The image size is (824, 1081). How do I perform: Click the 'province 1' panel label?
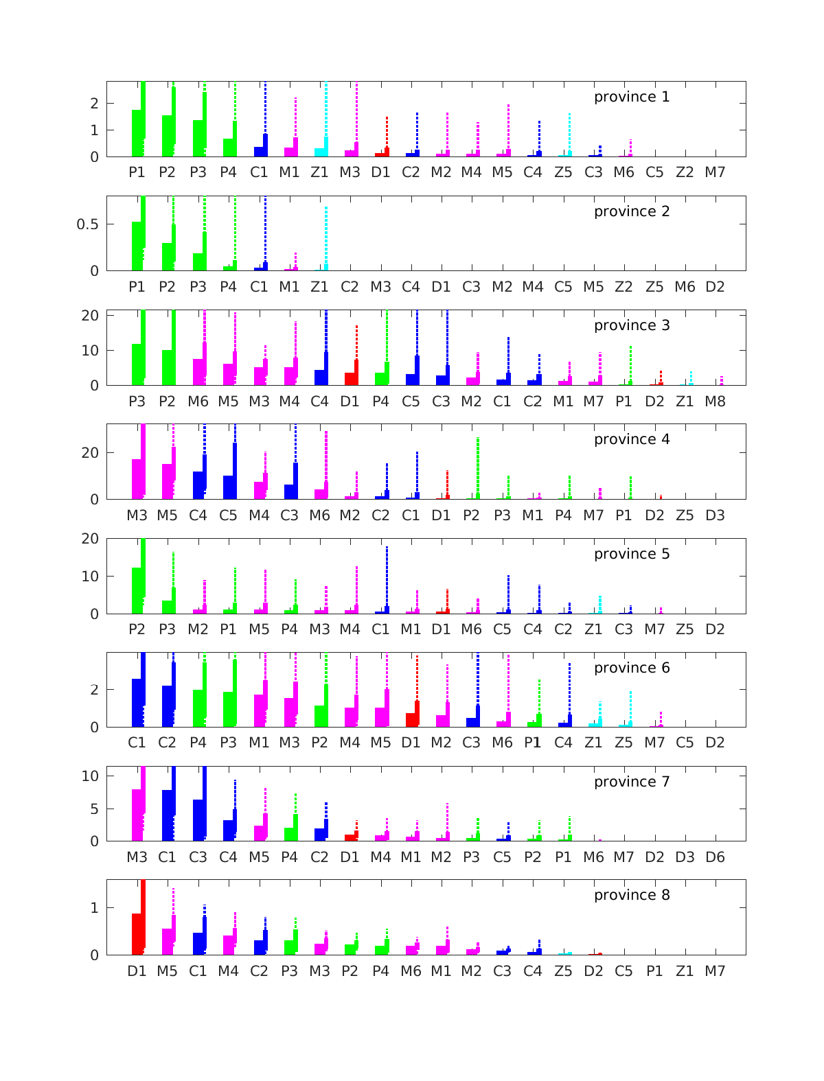pos(631,97)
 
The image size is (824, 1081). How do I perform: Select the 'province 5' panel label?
pos(631,554)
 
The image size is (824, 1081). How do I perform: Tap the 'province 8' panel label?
pos(631,895)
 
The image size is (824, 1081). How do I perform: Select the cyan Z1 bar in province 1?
pos(320,152)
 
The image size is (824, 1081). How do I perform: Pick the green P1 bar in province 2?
pos(137,246)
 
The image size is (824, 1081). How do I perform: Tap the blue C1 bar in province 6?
pos(137,702)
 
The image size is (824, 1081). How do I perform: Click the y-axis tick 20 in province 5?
pos(90,539)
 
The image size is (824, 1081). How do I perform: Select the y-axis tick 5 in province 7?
pos(94,809)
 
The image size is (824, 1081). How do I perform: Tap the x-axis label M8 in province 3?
pos(715,401)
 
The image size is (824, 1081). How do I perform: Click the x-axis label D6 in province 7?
pos(715,857)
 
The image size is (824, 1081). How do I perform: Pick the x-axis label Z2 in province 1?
pos(685,172)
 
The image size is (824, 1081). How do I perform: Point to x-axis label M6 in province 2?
pos(685,287)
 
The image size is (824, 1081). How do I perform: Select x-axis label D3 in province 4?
pos(715,515)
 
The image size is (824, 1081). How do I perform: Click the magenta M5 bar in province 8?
pos(168,941)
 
